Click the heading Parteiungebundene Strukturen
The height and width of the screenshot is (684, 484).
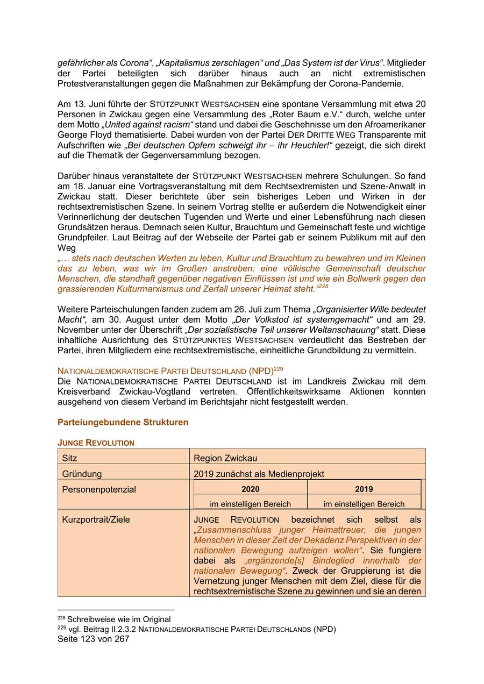tap(123, 422)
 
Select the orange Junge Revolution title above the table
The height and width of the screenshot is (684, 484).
tap(96, 443)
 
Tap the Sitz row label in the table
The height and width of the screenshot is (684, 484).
tap(70, 458)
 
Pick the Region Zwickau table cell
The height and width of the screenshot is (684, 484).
tap(225, 458)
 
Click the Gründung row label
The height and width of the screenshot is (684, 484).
tap(82, 474)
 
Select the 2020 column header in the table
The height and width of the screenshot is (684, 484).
tap(250, 489)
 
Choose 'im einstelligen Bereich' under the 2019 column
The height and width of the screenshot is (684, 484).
tap(364, 504)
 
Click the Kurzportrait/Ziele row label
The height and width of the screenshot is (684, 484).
tap(96, 519)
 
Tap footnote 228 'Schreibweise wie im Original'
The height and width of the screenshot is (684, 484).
tap(118, 619)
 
